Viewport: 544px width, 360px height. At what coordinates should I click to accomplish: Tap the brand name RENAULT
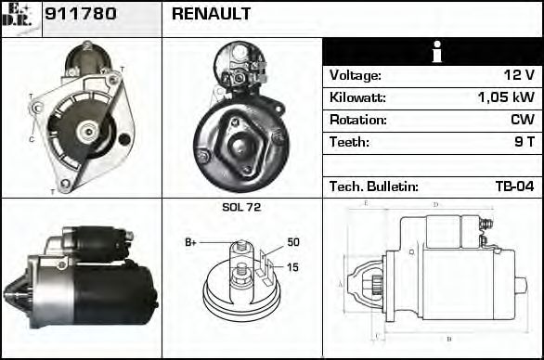(x=211, y=15)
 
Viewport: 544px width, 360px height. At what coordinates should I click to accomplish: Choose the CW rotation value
(x=522, y=120)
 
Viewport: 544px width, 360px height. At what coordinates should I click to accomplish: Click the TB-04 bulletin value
(x=514, y=186)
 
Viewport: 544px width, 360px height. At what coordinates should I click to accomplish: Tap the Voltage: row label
(x=356, y=75)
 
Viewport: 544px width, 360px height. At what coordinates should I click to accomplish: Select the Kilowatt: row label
(x=357, y=97)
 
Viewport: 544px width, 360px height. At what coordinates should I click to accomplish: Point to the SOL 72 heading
(x=241, y=208)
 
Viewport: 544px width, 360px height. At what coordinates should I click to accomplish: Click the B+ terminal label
(x=191, y=242)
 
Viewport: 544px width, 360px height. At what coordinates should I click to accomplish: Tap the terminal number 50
(x=293, y=242)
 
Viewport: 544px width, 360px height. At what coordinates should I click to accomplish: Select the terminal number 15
(x=293, y=268)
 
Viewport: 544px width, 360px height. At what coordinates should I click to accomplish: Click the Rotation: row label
(x=356, y=120)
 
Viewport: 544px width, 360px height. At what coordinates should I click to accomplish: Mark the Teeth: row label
(x=349, y=142)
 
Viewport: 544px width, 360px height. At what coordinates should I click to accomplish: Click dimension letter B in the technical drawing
(x=449, y=339)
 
